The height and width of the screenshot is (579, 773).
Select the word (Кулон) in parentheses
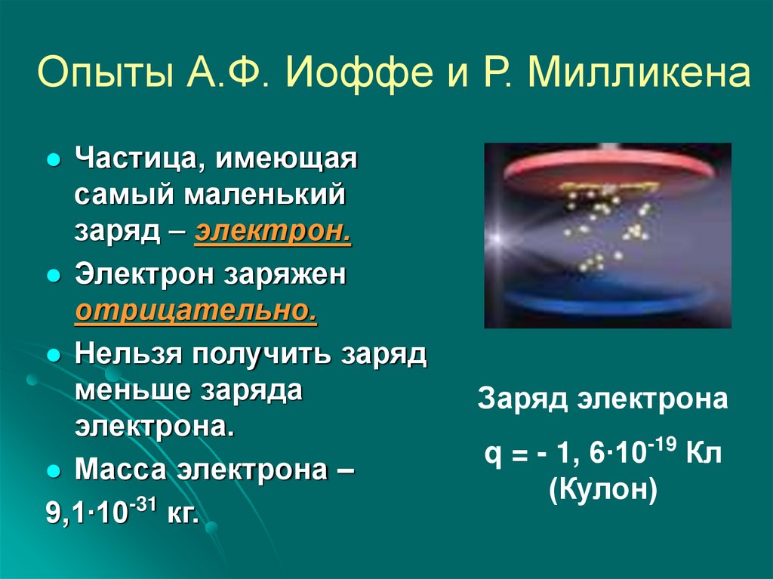click(603, 491)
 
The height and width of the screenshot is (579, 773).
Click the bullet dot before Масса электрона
click(54, 470)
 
